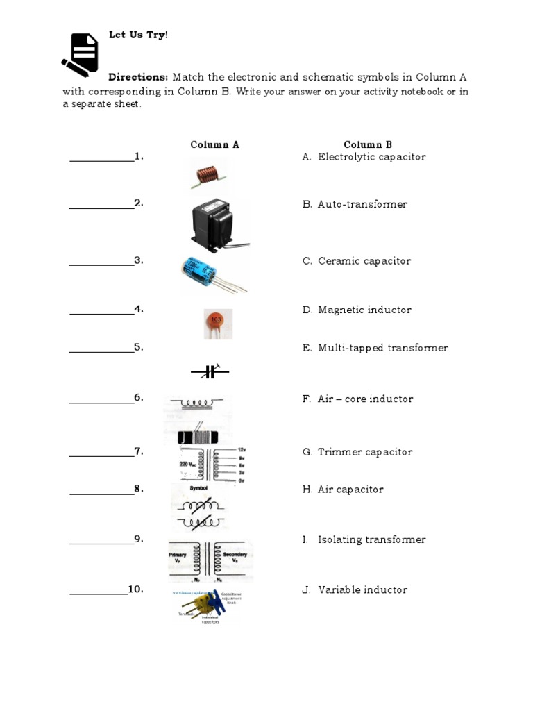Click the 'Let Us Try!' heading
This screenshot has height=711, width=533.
click(138, 35)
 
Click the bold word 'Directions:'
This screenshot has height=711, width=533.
click(138, 77)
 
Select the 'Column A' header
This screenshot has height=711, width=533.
click(214, 144)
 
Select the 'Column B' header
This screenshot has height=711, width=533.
click(368, 144)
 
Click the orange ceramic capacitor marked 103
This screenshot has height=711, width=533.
click(217, 323)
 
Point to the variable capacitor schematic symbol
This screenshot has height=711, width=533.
click(210, 372)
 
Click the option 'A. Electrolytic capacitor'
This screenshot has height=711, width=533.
click(364, 157)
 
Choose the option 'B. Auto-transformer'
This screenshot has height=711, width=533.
click(355, 204)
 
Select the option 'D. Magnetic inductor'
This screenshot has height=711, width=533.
click(357, 310)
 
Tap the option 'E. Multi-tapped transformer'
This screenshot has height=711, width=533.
click(375, 348)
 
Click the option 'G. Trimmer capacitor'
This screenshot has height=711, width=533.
click(357, 452)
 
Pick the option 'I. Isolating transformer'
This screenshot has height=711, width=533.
click(364, 539)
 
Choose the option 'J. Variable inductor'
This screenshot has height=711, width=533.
click(355, 589)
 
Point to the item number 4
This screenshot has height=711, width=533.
click(139, 309)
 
